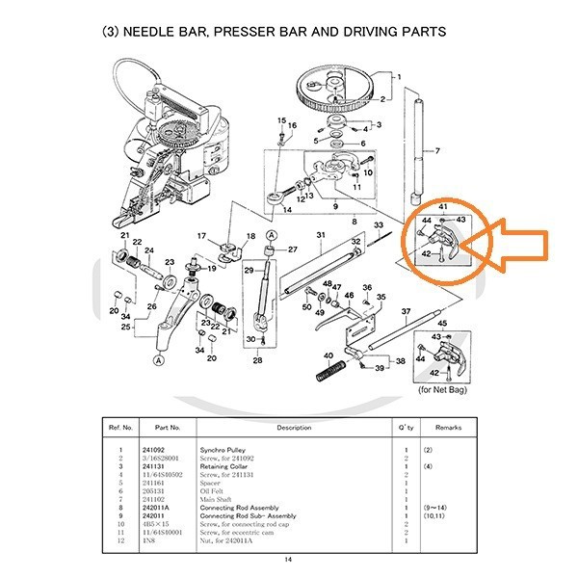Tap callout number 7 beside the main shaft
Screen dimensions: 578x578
coord(436,151)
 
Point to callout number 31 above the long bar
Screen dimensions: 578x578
coord(320,235)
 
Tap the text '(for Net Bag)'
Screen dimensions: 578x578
coord(444,389)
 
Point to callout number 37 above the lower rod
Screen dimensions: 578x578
coord(407,311)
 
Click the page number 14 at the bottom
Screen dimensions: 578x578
coord(288,560)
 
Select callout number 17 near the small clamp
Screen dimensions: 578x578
coord(201,236)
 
